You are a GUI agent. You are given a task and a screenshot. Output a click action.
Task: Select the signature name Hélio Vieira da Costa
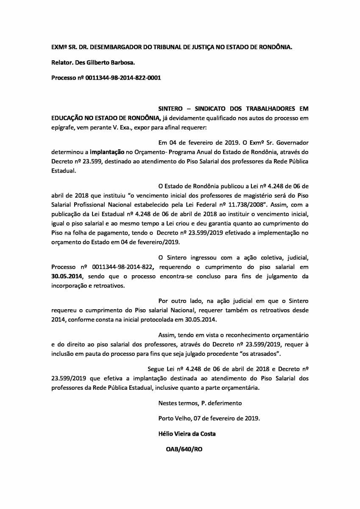point(187,433)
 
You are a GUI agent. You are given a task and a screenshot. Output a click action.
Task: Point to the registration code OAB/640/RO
point(184,449)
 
